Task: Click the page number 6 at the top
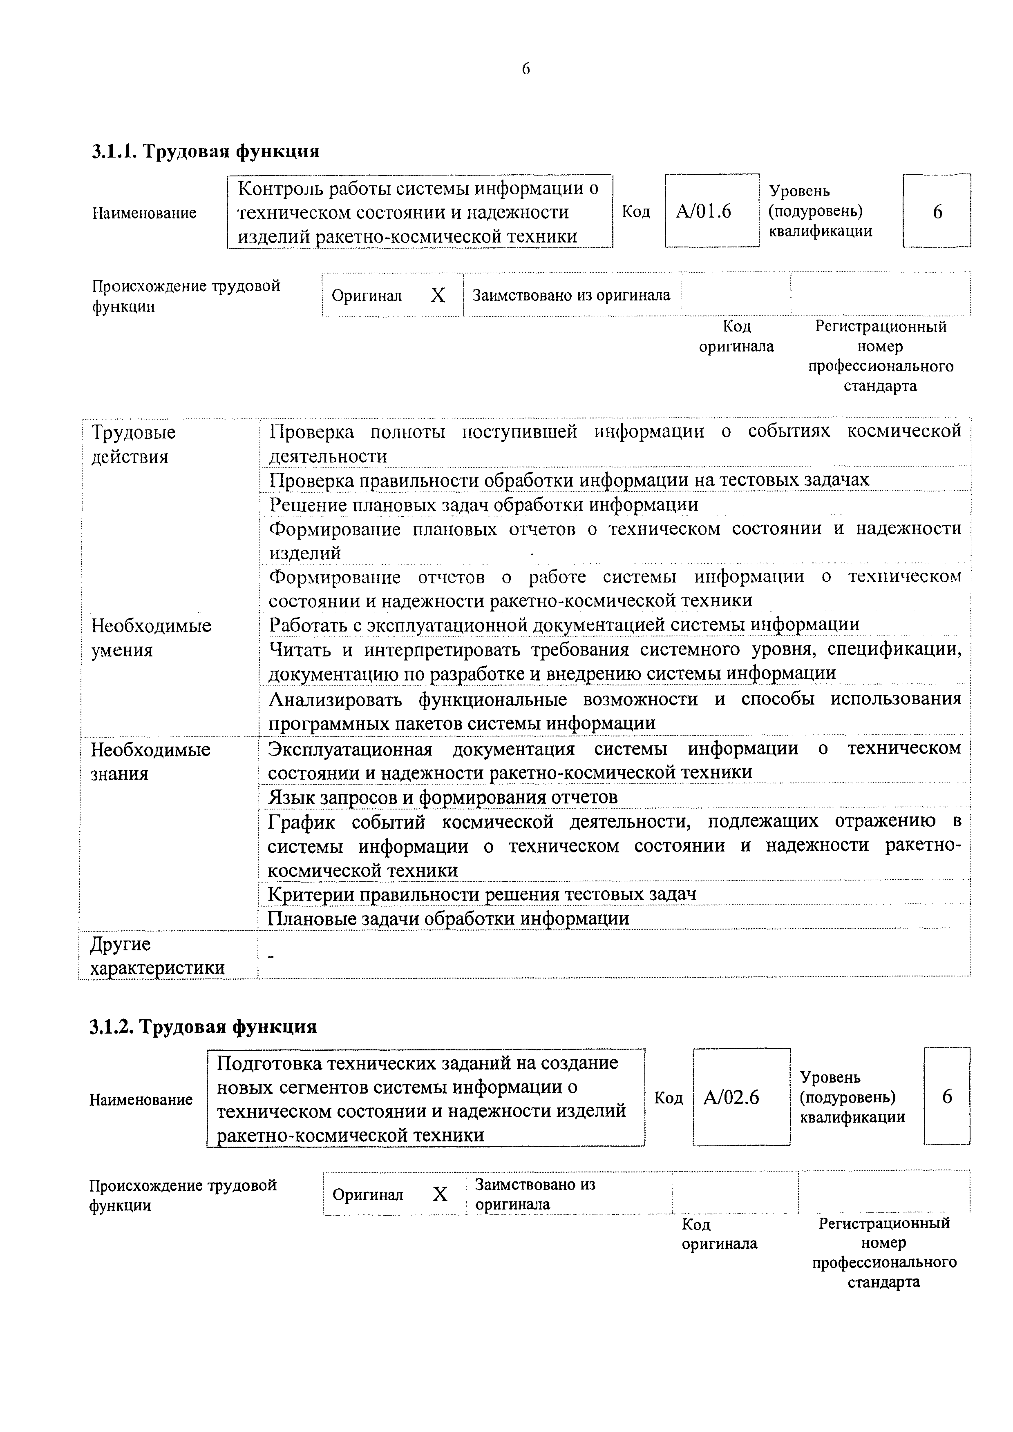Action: (x=526, y=69)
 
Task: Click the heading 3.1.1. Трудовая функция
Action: (x=206, y=151)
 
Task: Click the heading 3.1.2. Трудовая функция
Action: (x=203, y=1027)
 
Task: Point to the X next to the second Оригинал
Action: (x=440, y=1194)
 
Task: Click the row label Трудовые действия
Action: (x=134, y=444)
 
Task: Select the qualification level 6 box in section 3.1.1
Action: (x=937, y=211)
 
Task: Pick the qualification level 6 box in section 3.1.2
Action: (x=947, y=1097)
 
